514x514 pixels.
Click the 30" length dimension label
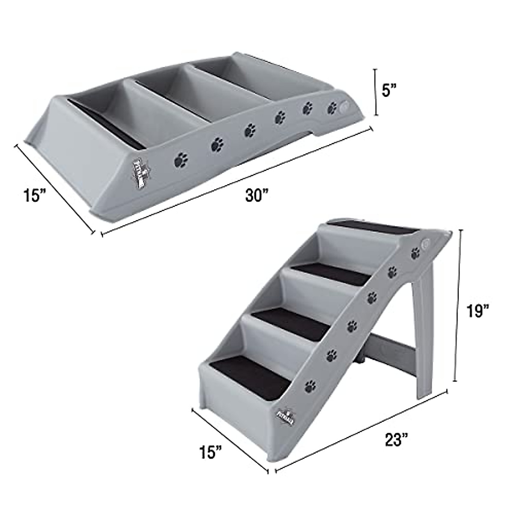256,195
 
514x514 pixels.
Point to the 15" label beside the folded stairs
34,196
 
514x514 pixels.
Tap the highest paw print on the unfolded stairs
415,253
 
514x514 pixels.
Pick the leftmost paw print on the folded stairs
181,161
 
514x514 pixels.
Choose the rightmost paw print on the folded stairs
332,108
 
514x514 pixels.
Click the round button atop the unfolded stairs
426,242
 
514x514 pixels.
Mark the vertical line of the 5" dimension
376,92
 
